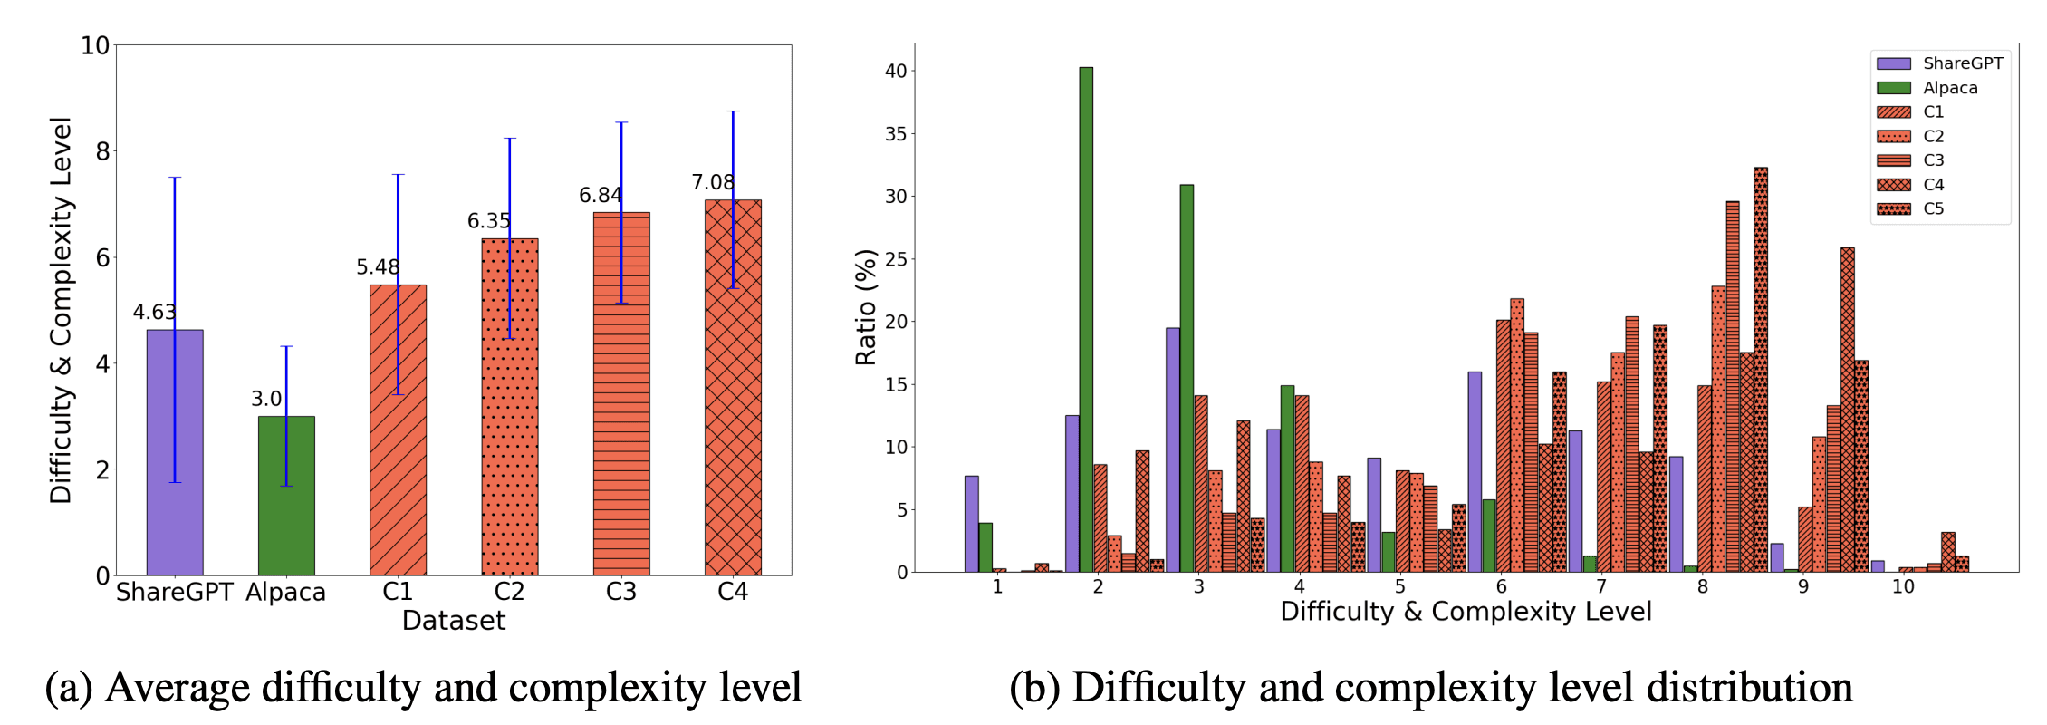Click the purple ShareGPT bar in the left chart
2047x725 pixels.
coord(175,453)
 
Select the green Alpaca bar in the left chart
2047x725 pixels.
coord(286,497)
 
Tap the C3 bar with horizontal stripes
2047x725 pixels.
coord(621,394)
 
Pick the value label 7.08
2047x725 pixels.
coord(713,183)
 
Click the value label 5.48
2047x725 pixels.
coord(377,267)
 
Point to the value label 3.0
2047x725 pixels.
coord(266,399)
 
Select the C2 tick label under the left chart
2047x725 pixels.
coord(509,592)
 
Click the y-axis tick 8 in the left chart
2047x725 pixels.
coord(102,151)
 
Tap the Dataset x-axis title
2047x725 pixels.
coord(453,621)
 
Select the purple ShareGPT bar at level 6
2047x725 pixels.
coord(1475,471)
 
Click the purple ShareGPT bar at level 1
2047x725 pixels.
coord(971,524)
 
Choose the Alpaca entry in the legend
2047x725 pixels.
coord(1950,88)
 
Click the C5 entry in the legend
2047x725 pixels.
coord(1933,208)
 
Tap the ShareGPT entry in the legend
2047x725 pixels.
coord(1963,63)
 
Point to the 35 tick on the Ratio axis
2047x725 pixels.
coord(895,134)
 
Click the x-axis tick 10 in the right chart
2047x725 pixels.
coord(1903,587)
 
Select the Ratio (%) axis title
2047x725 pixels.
coord(866,307)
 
